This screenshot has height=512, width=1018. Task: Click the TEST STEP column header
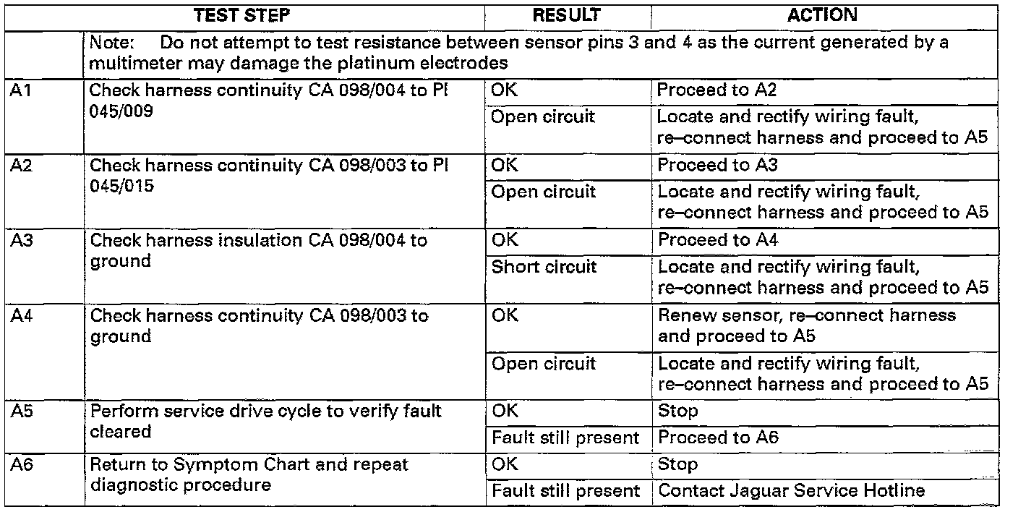243,15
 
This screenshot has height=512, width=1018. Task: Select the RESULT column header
567,15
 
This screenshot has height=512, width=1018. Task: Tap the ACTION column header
822,15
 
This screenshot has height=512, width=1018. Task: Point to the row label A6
20,465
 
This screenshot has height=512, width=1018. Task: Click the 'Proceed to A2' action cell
717,90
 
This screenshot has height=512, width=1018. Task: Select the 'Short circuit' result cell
544,267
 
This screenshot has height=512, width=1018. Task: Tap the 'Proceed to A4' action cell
717,240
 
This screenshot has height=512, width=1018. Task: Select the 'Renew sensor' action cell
806,325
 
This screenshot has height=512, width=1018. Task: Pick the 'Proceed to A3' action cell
717,165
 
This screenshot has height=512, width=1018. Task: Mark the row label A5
20,412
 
